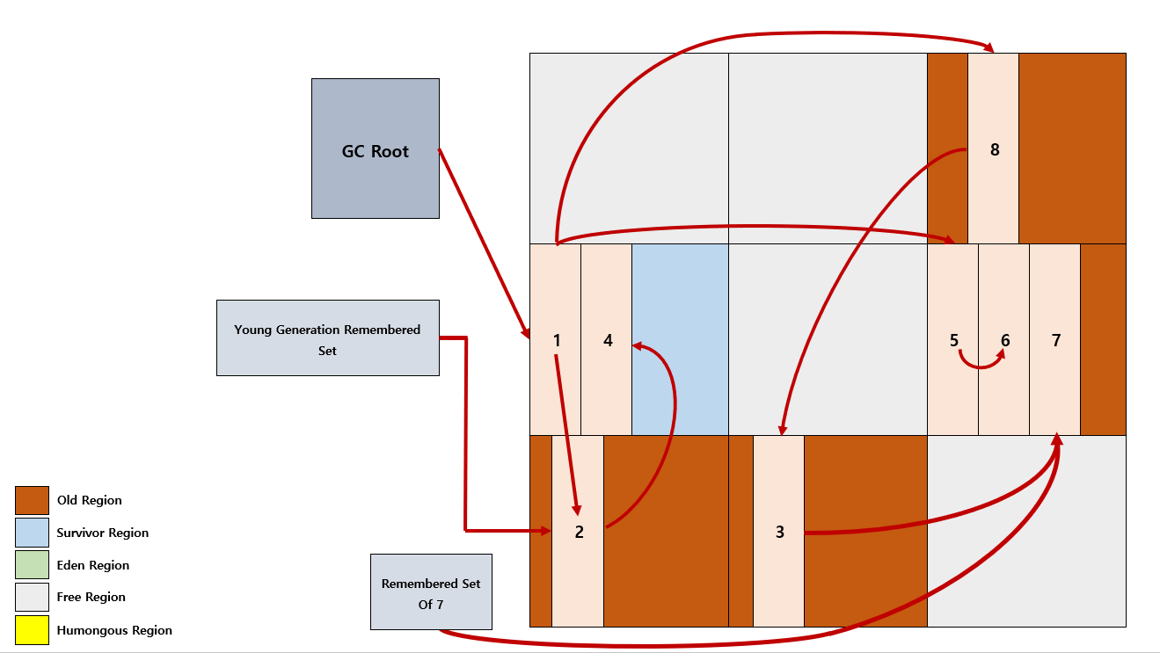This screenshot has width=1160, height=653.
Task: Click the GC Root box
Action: tap(376, 149)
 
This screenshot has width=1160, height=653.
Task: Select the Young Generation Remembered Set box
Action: tap(328, 337)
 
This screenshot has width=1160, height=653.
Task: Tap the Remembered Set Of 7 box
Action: tap(432, 592)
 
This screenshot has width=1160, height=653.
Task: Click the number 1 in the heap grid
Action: tap(557, 340)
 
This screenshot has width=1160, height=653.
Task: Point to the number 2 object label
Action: tap(579, 532)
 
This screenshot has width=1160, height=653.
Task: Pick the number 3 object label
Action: tap(780, 532)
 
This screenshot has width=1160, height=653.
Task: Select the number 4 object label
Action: tap(608, 340)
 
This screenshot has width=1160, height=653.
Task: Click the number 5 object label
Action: tap(954, 340)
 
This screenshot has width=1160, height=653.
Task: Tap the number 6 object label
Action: tap(1005, 340)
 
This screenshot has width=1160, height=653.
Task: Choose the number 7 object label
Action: tap(1056, 340)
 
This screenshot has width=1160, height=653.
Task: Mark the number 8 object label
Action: tap(995, 149)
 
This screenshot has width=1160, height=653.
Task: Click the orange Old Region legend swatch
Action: tap(33, 500)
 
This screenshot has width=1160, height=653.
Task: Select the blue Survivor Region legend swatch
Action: tap(33, 533)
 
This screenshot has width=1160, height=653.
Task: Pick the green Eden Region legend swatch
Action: tap(33, 565)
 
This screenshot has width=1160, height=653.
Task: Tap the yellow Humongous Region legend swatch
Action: tap(33, 630)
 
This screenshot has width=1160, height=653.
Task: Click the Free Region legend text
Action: tap(91, 597)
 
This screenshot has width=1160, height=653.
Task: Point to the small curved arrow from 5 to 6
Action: tap(981, 366)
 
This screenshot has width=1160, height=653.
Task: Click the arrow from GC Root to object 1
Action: tap(485, 244)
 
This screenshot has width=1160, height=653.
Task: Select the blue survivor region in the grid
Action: tap(680, 339)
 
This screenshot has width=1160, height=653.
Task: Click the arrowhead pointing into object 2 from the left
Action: tap(546, 531)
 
